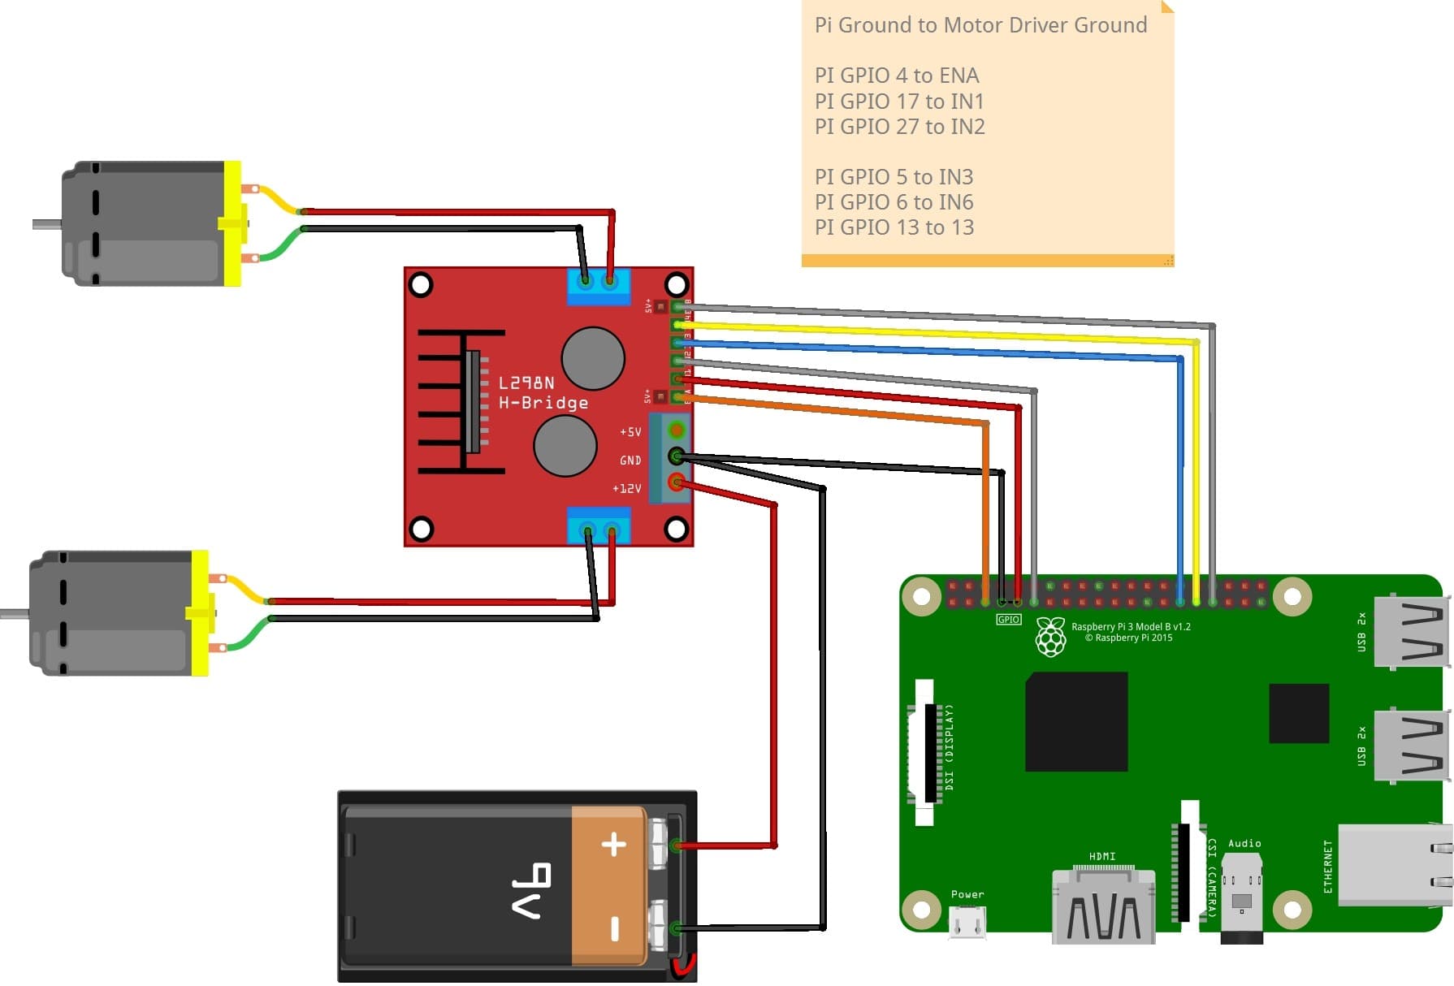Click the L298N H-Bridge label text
point(542,393)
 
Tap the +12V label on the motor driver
point(626,489)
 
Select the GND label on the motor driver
point(630,461)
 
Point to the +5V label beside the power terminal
point(630,432)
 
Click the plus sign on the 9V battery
point(613,845)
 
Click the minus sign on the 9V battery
point(614,928)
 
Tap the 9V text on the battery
point(531,890)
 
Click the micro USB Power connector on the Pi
point(967,923)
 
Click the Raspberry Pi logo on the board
point(1050,637)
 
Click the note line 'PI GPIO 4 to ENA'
point(896,76)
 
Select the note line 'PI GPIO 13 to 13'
point(894,227)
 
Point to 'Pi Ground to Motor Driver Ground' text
point(980,25)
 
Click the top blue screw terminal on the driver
point(598,285)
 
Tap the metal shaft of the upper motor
point(47,224)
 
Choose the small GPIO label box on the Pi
point(1008,620)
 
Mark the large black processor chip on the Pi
point(1075,721)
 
